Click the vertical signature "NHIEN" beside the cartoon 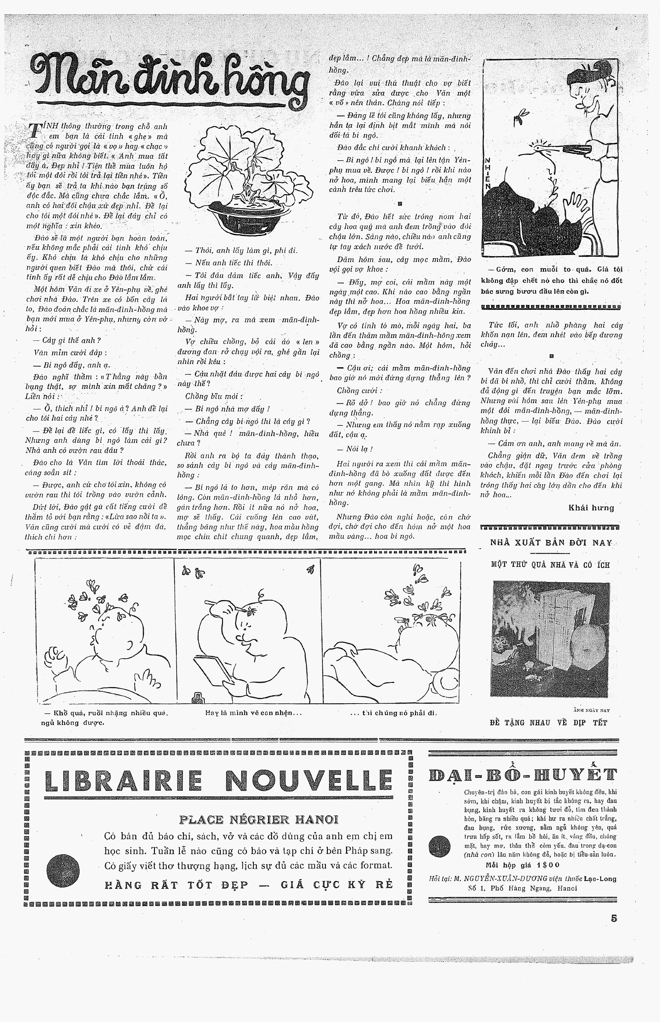pyautogui.click(x=487, y=176)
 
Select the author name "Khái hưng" pyautogui.click(x=591, y=508)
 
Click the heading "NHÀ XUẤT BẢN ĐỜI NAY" pyautogui.click(x=551, y=543)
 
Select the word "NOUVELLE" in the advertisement pyautogui.click(x=309, y=781)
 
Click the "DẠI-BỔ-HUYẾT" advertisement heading pyautogui.click(x=523, y=775)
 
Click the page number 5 pyautogui.click(x=614, y=918)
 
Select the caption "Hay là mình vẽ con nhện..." pyautogui.click(x=254, y=713)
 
